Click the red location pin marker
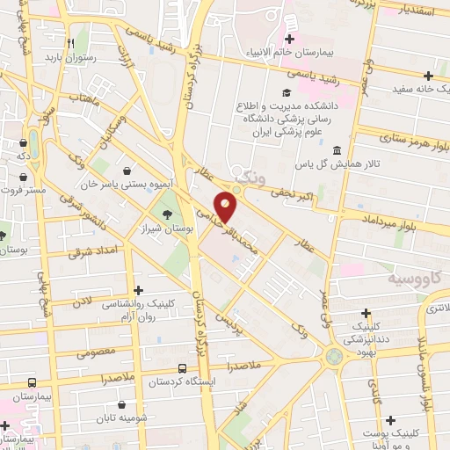tap(227, 206)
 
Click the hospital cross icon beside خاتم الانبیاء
tap(289, 38)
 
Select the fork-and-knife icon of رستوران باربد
tap(70, 40)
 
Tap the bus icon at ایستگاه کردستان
tap(182, 369)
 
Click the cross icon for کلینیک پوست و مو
tap(389, 420)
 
